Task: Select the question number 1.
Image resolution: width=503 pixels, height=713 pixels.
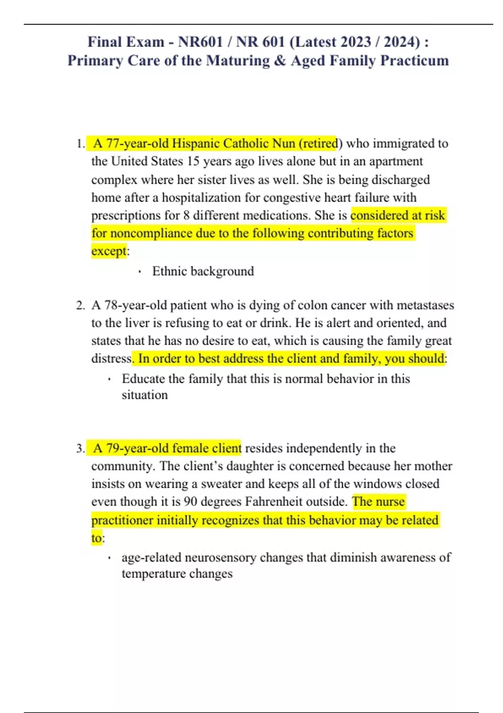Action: [80, 144]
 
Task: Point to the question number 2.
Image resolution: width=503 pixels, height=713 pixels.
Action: [80, 305]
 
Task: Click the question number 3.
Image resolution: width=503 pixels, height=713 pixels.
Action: [80, 448]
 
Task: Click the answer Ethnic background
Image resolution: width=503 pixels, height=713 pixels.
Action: [203, 271]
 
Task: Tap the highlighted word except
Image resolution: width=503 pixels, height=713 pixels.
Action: [109, 251]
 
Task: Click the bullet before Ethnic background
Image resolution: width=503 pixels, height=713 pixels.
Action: [139, 272]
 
